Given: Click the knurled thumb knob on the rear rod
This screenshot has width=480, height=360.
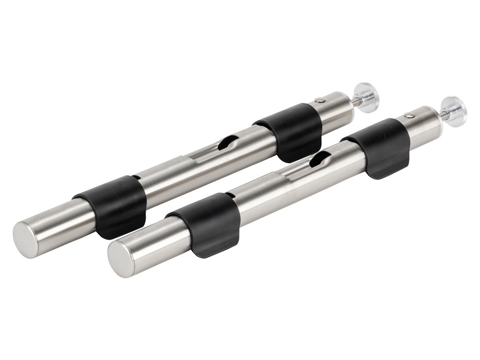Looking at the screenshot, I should (367, 97).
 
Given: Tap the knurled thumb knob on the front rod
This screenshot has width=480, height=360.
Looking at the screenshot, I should (454, 111).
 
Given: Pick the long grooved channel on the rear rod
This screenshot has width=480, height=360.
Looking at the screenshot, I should (202, 154).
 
